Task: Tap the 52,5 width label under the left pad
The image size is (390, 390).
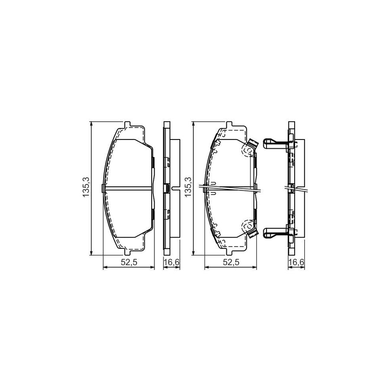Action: pos(128,262)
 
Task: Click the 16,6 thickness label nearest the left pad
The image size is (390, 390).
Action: pos(171,262)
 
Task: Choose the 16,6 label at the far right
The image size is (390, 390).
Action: pos(296,262)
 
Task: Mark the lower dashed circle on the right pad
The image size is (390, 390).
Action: pos(248,225)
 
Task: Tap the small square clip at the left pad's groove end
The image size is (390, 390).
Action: pos(102,188)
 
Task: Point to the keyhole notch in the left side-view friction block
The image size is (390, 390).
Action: pos(174,188)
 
